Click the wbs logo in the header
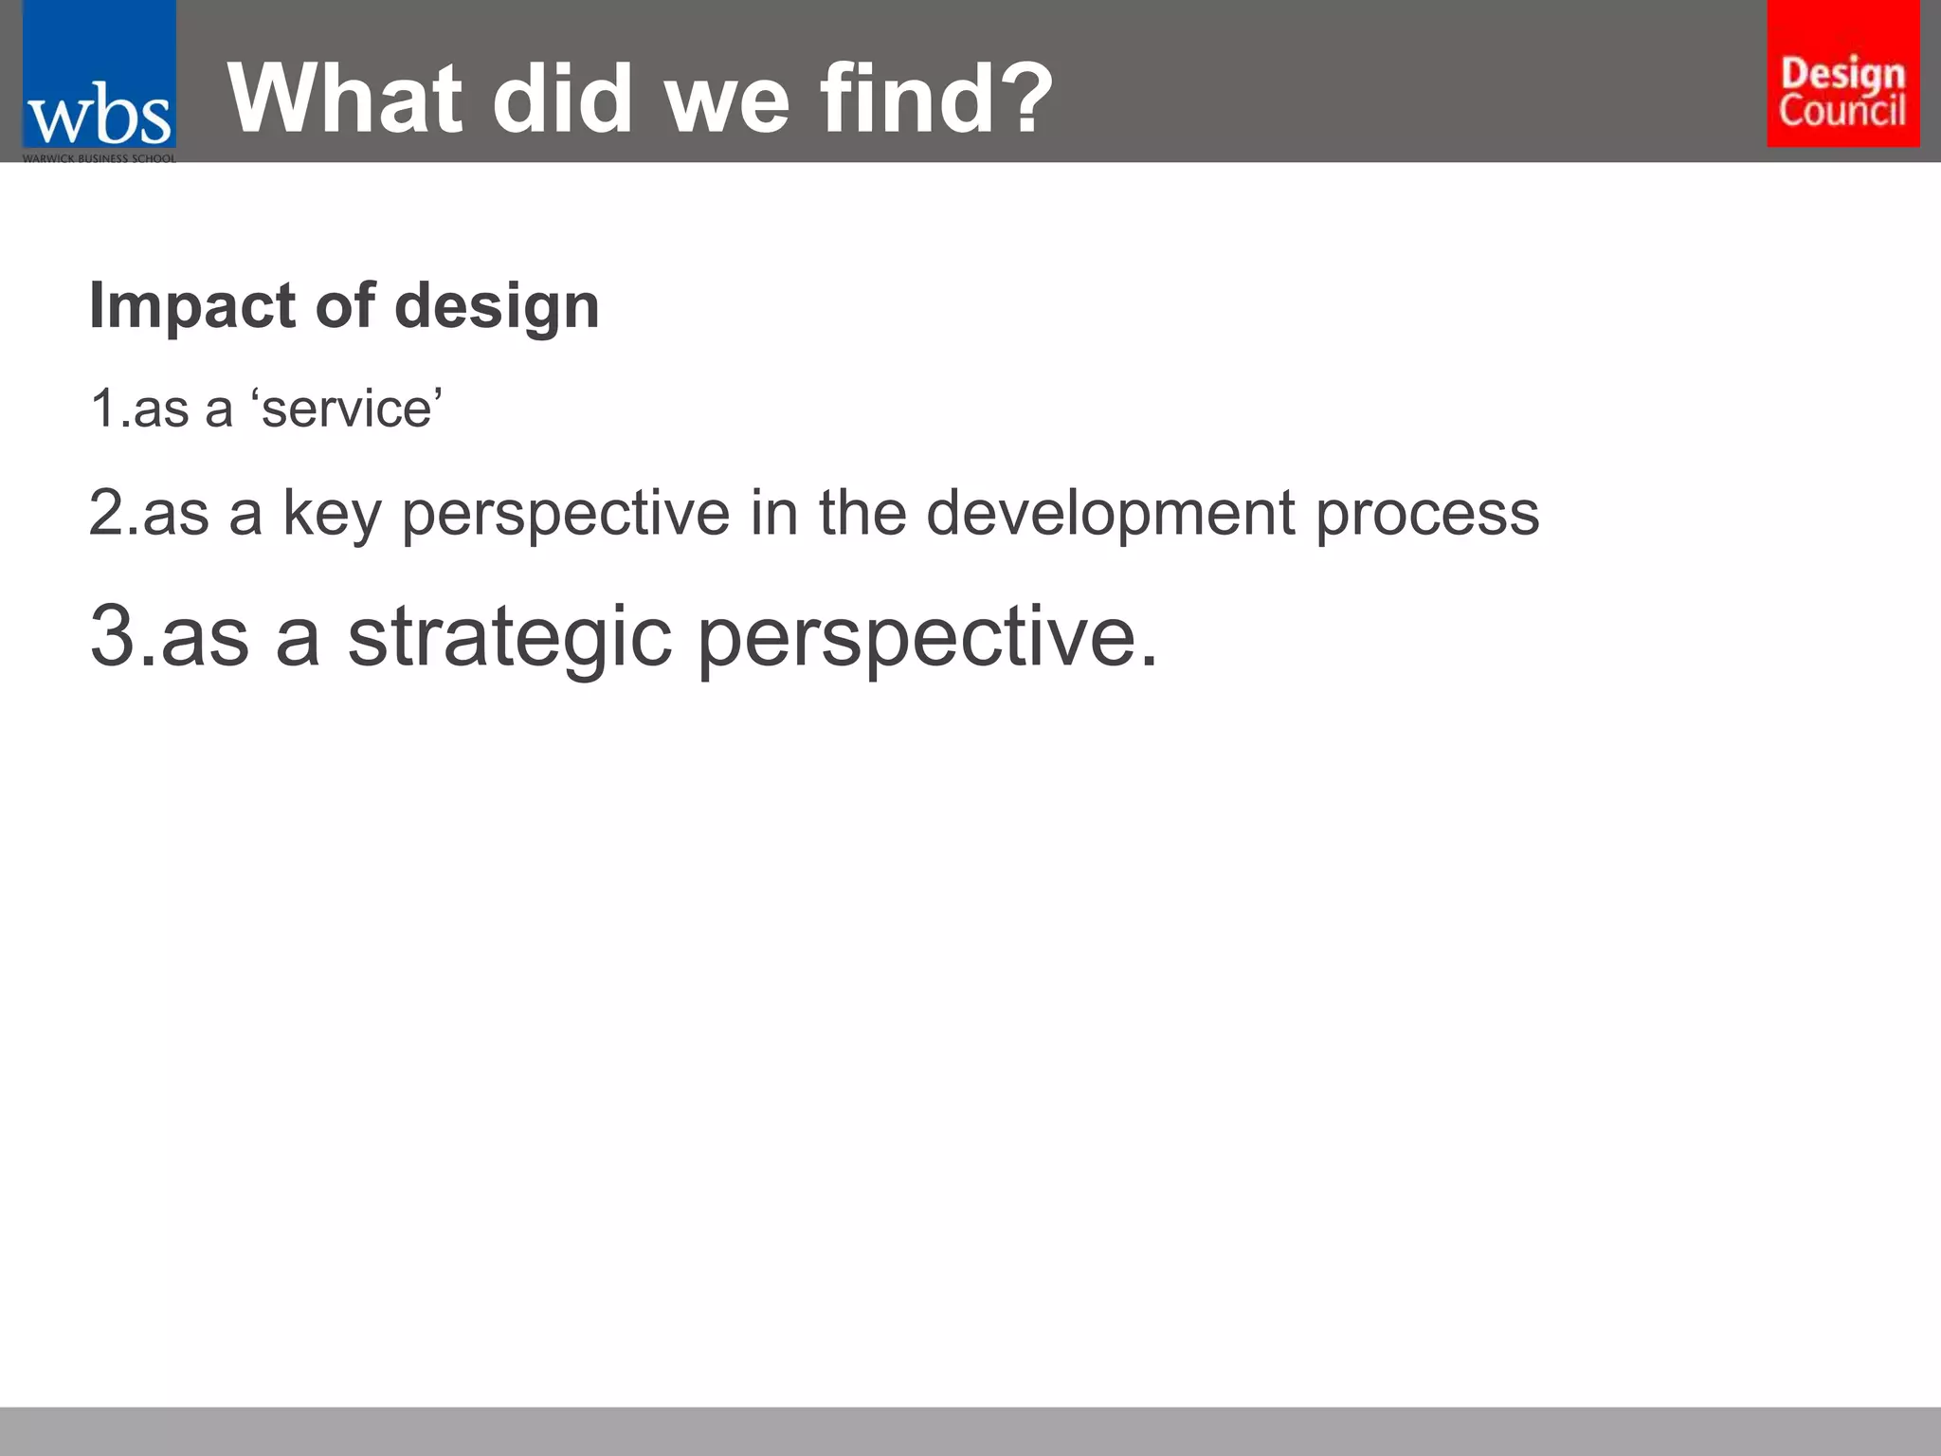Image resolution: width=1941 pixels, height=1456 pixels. point(99,81)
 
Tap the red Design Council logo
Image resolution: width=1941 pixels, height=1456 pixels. point(1842,74)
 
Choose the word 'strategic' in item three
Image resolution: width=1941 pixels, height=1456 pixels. point(509,638)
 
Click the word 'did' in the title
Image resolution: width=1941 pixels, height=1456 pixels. point(561,99)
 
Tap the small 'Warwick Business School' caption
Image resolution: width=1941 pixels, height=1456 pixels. point(99,158)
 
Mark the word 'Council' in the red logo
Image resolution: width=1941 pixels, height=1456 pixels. point(1841,111)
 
